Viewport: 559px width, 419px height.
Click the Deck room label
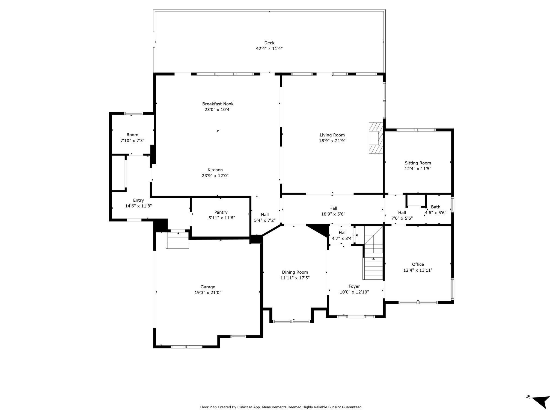(x=269, y=43)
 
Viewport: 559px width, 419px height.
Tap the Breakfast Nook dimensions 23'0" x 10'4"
(x=218, y=110)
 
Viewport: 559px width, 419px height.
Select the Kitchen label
(x=215, y=170)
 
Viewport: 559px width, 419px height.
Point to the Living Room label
(x=332, y=135)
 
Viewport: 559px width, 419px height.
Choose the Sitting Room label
(x=418, y=163)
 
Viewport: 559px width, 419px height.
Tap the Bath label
(x=436, y=207)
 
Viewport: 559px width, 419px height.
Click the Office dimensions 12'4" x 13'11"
(x=418, y=270)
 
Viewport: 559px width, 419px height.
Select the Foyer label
(x=354, y=286)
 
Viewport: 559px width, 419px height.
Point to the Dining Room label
(x=295, y=272)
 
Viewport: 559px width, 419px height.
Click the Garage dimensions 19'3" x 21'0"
(x=208, y=293)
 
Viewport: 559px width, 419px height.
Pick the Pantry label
(x=221, y=212)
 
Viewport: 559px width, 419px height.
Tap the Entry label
(x=138, y=200)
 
